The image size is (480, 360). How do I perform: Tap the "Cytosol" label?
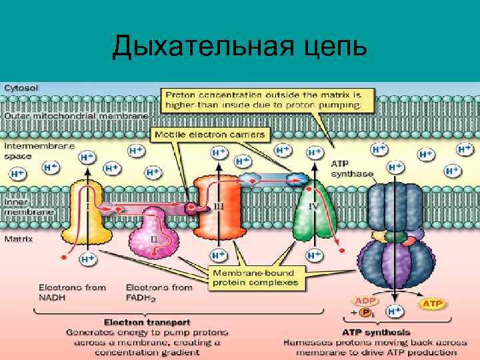[x=22, y=87]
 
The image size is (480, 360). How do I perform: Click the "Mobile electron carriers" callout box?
[x=210, y=135]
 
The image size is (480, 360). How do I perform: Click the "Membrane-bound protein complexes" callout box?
[x=257, y=279]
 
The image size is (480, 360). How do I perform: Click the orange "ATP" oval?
[x=432, y=305]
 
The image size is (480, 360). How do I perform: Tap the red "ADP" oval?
[x=364, y=301]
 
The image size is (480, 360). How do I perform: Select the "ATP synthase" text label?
[x=352, y=168]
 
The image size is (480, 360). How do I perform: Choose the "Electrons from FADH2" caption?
[x=158, y=292]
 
